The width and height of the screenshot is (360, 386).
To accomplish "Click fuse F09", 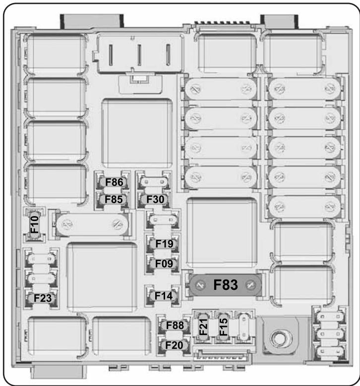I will [163, 264].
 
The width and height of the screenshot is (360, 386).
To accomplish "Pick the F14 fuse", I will [162, 296].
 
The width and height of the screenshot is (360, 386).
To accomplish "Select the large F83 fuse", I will [226, 285].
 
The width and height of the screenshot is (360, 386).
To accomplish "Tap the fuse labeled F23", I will [42, 298].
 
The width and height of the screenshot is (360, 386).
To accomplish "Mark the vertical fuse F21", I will [203, 328].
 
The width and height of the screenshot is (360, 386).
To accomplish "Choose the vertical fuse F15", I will [224, 328].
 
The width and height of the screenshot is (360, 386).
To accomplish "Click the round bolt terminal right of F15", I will [278, 339].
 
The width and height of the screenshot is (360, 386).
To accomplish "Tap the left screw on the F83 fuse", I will [200, 285].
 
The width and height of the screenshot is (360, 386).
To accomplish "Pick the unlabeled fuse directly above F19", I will [163, 219].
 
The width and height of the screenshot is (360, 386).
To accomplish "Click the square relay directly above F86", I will [137, 129].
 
